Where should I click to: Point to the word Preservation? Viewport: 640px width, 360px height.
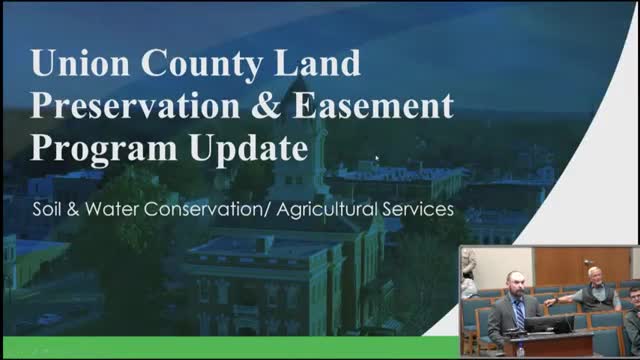pos(135,107)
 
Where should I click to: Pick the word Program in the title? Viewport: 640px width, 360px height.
pos(97,150)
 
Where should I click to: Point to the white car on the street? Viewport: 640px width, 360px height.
pos(48,321)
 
